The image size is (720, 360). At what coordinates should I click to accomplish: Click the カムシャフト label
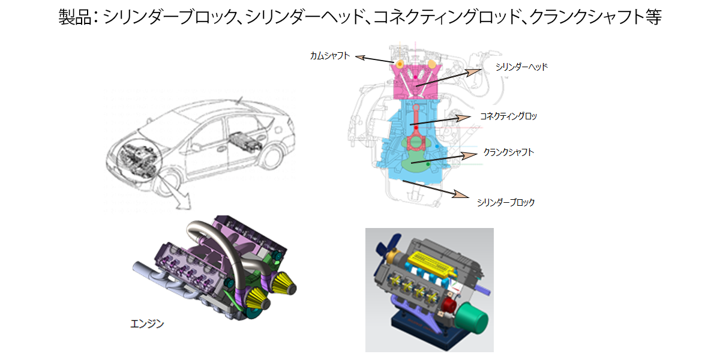[x=329, y=56]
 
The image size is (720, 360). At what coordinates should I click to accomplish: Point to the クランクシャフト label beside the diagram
[x=509, y=152]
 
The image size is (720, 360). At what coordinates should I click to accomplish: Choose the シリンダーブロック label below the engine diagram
[x=505, y=202]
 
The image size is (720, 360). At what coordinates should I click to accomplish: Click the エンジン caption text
[x=147, y=324]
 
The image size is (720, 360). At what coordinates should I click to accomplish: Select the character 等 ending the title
[x=653, y=17]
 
